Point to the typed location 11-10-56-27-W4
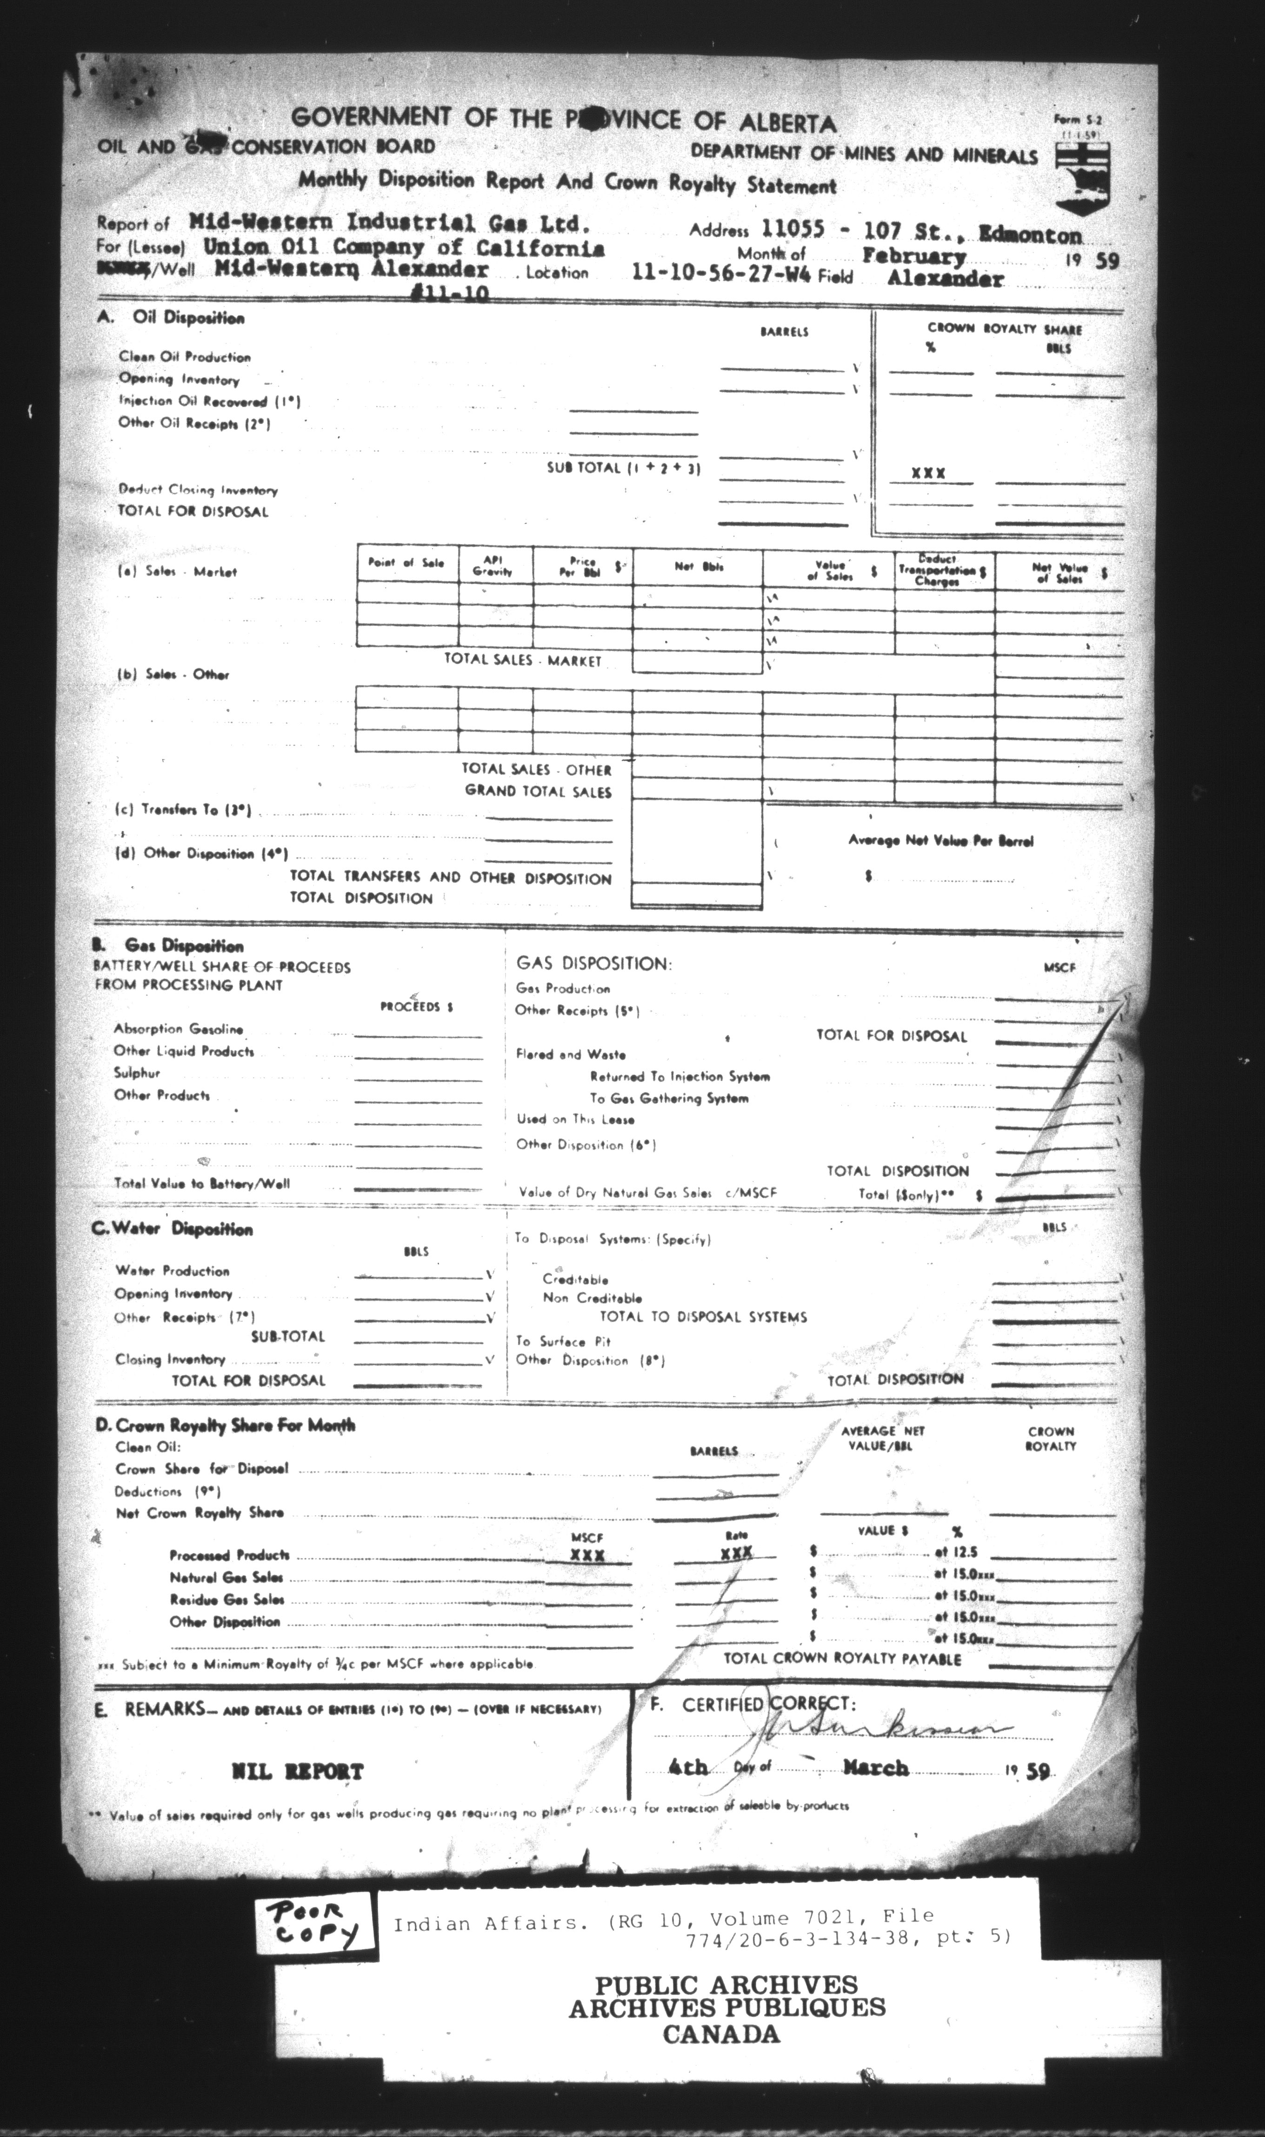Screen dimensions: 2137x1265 coord(722,273)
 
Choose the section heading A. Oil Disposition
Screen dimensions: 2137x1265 coord(171,318)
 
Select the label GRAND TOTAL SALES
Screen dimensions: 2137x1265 coord(538,791)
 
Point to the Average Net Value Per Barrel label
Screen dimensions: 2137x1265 coord(940,841)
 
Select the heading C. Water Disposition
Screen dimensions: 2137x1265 coord(173,1230)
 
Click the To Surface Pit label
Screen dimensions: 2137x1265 coord(564,1341)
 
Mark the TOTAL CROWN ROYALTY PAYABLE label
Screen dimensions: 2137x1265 coord(842,1659)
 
